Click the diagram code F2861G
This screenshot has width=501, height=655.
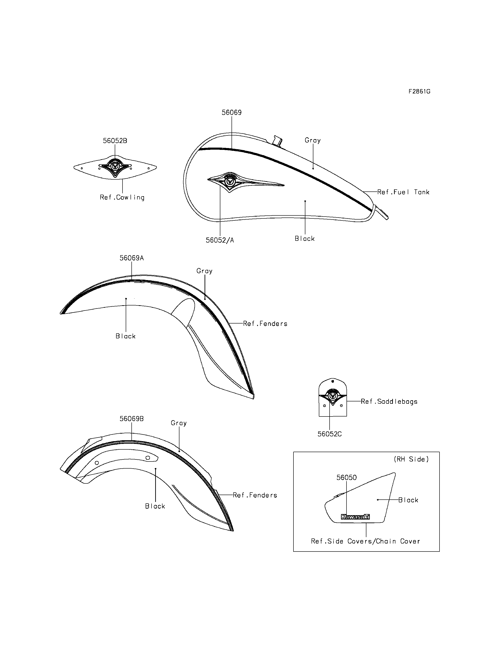(419, 92)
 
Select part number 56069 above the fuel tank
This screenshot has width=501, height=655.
(231, 112)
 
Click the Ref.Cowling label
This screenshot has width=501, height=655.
(122, 197)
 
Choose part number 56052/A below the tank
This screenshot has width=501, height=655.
(220, 240)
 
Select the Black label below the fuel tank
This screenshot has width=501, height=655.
(305, 239)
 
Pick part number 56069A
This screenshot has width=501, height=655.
(131, 258)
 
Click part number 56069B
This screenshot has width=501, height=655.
(131, 419)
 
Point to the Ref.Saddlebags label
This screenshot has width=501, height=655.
(389, 402)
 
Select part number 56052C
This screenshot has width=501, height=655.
(330, 434)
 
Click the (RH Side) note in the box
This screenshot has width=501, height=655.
(411, 459)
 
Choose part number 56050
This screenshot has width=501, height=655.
(346, 478)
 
